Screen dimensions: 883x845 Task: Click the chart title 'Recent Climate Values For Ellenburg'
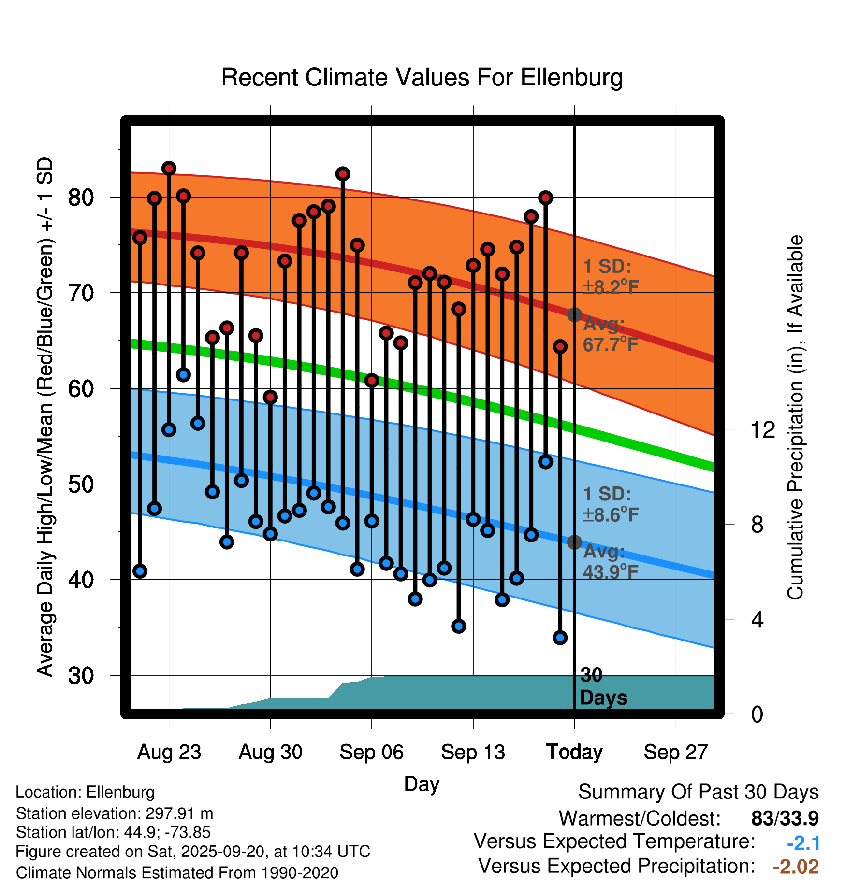(422, 77)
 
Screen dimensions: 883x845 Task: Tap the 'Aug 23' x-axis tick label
(169, 752)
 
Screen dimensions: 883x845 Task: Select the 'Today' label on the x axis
(574, 752)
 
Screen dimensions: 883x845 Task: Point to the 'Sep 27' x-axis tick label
(675, 752)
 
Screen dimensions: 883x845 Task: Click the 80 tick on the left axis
(81, 197)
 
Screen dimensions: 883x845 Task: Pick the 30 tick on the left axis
(81, 675)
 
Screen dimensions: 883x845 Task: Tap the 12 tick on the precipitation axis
(762, 429)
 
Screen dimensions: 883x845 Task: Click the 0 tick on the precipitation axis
(757, 714)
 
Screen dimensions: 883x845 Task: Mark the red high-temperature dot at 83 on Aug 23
(169, 169)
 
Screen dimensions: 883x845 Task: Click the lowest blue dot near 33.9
(560, 638)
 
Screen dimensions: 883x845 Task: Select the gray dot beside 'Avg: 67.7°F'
(574, 315)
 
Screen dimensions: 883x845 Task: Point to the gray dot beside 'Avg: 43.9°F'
(574, 542)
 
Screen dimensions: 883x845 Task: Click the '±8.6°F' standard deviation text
(611, 515)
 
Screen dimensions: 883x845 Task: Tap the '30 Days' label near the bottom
(603, 687)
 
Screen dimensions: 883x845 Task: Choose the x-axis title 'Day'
(422, 783)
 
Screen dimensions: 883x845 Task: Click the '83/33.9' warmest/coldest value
(785, 818)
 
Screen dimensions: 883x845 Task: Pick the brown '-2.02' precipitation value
(796, 867)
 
